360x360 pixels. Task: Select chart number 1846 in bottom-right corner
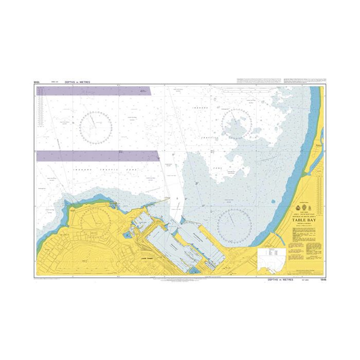[x=322, y=280]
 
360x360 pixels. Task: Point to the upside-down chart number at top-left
[x=37, y=81]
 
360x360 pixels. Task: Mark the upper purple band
[x=94, y=91]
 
